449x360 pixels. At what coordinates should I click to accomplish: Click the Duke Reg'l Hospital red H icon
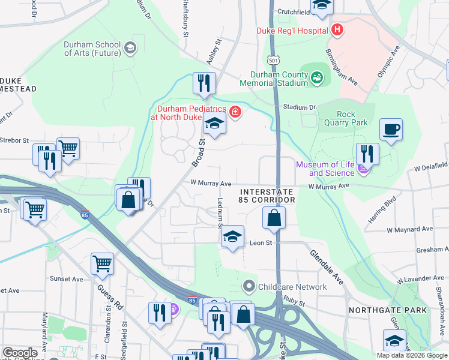337,30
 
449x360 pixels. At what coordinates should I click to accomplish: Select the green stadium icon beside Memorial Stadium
317,76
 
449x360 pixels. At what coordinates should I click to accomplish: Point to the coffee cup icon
391,130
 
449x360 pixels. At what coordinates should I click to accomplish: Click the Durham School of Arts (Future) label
92,49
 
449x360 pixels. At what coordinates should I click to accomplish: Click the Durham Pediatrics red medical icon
235,112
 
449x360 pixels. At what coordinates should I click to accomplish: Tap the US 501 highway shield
274,61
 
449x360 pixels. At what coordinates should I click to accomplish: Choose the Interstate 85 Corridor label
267,195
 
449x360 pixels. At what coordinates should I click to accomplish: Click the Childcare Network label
292,287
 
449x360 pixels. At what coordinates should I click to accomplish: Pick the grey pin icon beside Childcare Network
249,287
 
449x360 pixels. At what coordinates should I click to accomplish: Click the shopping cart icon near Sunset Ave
103,263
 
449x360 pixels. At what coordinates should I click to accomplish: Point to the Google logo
20,353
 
